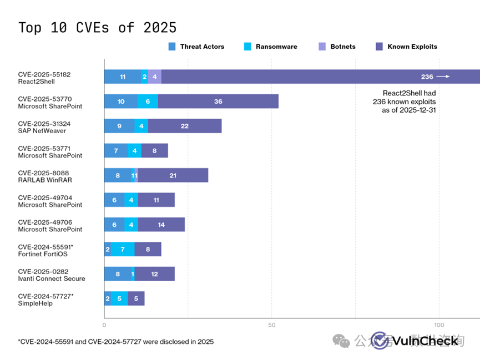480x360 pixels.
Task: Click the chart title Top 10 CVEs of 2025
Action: tap(98, 28)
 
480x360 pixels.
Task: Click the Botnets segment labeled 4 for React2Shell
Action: tap(155, 77)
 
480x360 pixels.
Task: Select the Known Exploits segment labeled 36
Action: tap(218, 102)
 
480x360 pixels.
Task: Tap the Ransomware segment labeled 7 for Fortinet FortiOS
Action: tap(123, 249)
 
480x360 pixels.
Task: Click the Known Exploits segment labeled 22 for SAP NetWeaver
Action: tap(185, 126)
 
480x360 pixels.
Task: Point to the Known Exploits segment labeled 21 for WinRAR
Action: tap(173, 175)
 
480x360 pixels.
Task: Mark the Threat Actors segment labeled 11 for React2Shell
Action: tap(123, 77)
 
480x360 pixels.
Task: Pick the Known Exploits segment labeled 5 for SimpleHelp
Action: tap(136, 298)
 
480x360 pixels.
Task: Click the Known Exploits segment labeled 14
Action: tap(161, 225)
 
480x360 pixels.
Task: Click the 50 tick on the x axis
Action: tap(271, 325)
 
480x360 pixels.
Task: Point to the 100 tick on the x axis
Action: tap(439, 325)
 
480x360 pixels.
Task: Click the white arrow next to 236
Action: tap(443, 77)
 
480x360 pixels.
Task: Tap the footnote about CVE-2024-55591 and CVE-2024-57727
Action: tap(115, 342)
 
